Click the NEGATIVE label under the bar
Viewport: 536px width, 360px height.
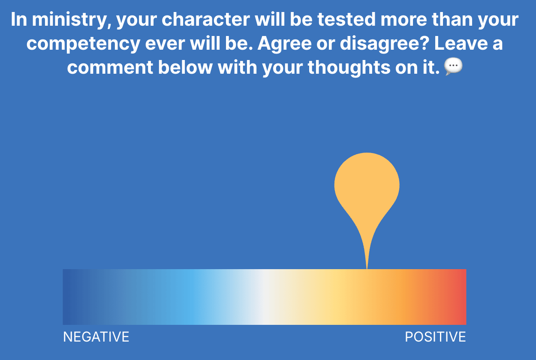point(96,337)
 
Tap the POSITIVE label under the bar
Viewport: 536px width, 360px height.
point(435,337)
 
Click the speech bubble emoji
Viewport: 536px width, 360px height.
point(453,66)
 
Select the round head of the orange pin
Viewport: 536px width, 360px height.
point(367,185)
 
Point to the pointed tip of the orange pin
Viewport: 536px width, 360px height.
point(367,268)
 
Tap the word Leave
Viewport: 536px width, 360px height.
point(461,44)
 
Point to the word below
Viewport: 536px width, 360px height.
point(185,67)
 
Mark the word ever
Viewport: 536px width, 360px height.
point(165,44)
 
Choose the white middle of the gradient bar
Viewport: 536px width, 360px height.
point(265,297)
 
